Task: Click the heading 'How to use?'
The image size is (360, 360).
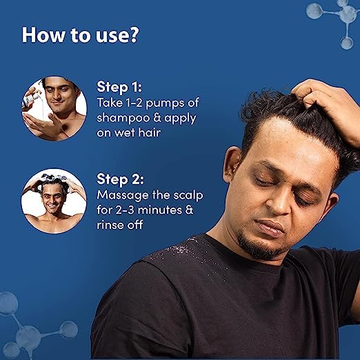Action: coord(80,35)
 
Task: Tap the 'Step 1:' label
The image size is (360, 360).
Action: coord(119,87)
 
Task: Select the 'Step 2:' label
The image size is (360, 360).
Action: coord(120,179)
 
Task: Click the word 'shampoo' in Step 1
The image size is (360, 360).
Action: coord(123,118)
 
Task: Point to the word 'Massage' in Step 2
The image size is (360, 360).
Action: coord(123,195)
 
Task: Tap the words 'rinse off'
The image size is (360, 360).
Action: coord(120,225)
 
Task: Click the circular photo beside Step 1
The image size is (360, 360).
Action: coord(54,109)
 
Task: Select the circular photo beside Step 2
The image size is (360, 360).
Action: coord(54,201)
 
